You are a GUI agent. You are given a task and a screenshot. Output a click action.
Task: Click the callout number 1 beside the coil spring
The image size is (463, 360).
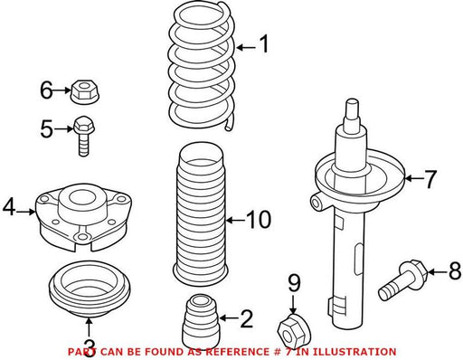264,44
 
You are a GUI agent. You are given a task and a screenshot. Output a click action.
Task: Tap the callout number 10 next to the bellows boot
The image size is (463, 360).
259,220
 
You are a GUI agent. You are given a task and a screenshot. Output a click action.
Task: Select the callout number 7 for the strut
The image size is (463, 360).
430,179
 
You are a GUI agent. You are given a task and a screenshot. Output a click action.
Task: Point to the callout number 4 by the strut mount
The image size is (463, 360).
9,208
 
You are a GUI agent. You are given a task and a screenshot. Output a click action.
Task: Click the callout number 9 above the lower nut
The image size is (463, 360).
294,283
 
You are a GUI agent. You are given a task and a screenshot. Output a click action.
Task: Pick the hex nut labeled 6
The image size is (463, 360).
86,91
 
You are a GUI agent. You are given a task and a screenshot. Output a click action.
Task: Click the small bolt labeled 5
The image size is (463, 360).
84,136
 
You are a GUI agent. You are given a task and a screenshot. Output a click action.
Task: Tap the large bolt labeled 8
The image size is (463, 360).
402,279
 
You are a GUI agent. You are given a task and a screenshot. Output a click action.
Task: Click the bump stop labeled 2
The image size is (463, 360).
200,321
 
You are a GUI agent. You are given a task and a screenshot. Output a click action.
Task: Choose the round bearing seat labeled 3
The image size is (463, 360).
90,289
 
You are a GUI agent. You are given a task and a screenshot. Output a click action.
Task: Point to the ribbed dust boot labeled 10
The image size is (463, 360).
200,213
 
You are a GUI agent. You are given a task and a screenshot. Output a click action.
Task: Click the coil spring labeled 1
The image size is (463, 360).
202,66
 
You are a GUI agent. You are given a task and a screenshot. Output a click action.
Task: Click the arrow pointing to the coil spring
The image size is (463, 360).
246,47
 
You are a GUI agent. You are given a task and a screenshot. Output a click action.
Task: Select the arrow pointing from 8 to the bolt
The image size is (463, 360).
438,271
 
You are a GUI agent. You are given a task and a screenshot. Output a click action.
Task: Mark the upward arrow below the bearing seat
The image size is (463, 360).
89,327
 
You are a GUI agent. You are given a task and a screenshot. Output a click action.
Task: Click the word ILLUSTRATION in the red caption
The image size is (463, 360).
354,352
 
